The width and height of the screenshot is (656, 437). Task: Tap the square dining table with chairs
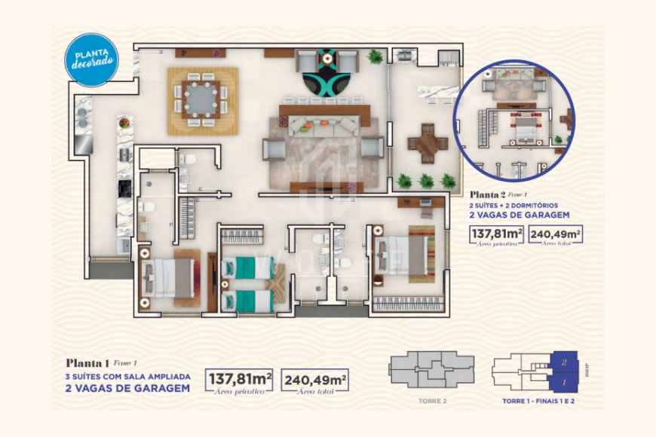pos(202,100)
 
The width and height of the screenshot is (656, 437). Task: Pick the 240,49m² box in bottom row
pos(315,380)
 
